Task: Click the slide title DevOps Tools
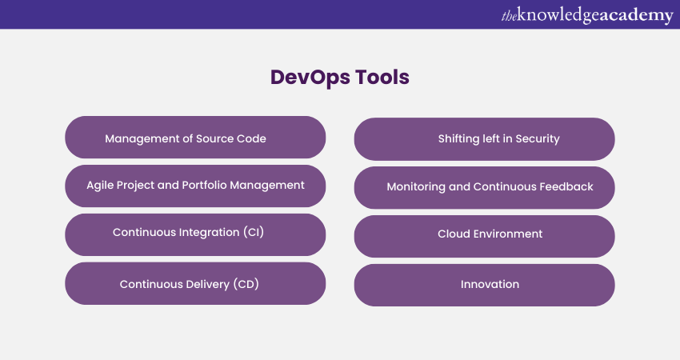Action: coord(339,78)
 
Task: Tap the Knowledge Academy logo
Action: coord(587,15)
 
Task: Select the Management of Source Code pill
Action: coord(195,137)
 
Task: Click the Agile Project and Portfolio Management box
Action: coord(195,186)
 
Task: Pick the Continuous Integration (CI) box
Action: coord(195,234)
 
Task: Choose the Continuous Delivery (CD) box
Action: coord(195,283)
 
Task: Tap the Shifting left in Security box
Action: coord(485,139)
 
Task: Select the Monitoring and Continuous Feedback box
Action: coord(485,188)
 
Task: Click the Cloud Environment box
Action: coord(485,236)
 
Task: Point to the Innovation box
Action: coord(485,285)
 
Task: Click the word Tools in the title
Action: coord(382,78)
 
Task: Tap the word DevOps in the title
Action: coord(310,78)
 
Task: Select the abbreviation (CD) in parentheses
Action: coord(246,284)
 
